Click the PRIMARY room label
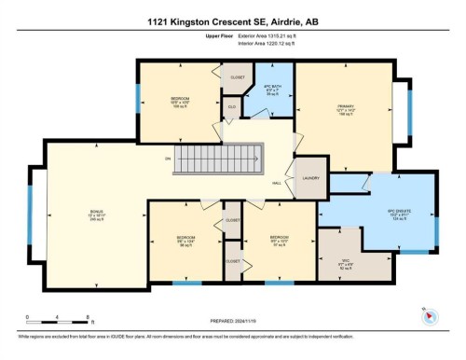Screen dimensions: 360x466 348,106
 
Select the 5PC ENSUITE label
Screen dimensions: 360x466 398,212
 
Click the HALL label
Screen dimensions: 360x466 278,184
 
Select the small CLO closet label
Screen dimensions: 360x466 232,108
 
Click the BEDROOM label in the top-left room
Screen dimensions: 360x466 180,99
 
